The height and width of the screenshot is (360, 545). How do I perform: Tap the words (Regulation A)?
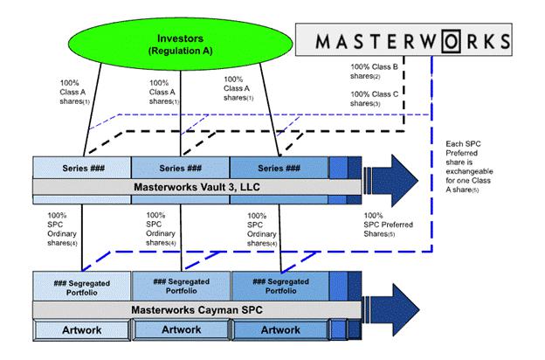coord(178,52)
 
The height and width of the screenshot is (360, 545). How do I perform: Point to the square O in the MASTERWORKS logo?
coord(444,41)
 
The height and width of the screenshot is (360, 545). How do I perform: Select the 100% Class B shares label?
coord(373,72)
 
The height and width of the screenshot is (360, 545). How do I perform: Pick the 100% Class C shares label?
coord(373,99)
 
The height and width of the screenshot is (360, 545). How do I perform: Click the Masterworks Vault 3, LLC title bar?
coord(196,186)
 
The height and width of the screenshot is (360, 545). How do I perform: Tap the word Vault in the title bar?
coord(207,186)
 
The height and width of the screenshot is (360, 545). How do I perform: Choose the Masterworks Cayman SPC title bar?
coord(196,309)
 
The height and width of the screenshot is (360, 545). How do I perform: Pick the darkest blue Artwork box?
coord(279,329)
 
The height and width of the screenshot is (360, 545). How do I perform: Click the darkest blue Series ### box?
coord(279,168)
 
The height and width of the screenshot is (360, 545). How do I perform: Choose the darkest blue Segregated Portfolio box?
coord(280,285)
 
